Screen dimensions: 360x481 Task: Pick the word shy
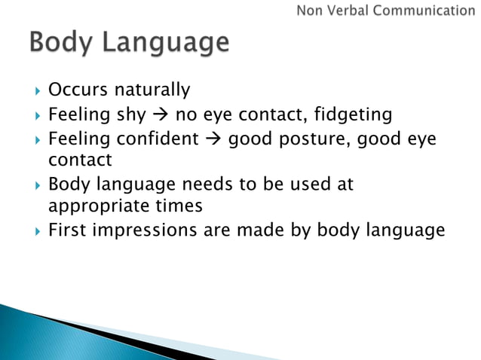(129, 116)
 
